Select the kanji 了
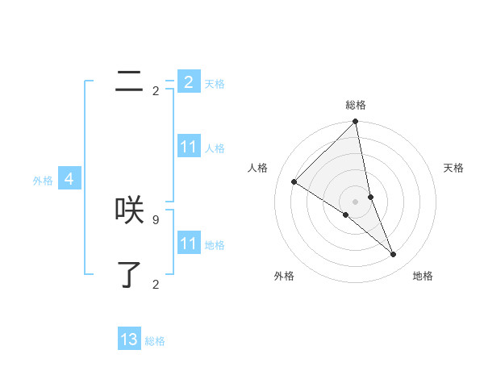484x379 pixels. coord(130,274)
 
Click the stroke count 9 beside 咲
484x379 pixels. coord(155,219)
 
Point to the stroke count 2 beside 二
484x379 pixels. coord(156,91)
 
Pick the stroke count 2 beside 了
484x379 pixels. coord(156,284)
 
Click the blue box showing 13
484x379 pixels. coord(129,339)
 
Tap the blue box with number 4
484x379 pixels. coord(69,179)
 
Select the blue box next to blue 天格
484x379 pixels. coord(189,82)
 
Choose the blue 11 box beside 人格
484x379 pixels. coord(189,147)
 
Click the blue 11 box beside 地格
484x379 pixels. coord(189,244)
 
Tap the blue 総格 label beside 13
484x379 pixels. coord(155,341)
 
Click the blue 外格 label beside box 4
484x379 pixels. coord(43,181)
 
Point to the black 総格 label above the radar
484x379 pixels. coord(356,105)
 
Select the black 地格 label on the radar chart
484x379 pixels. coord(423,276)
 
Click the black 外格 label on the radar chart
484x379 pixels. coord(284,276)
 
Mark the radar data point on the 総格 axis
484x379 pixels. coord(356,122)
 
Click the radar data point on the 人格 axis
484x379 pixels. coord(294,182)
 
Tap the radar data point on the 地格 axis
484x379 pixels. coord(394,254)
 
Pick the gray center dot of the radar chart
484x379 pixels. coord(355,202)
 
